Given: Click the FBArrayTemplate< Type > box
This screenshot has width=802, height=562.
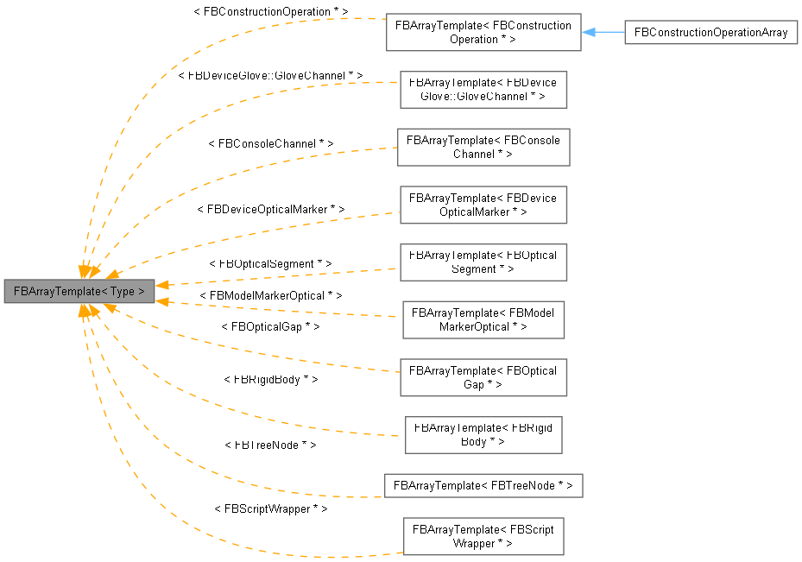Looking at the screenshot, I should (79, 291).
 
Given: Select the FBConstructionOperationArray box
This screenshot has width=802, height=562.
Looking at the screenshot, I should (710, 33).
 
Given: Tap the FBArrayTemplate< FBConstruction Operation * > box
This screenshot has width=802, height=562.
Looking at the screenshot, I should (483, 32).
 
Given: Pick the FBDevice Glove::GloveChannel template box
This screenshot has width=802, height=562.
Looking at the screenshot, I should (483, 90).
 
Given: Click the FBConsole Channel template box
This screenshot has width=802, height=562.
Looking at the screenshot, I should (483, 147).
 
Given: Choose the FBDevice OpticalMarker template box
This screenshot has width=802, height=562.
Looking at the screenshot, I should (483, 205).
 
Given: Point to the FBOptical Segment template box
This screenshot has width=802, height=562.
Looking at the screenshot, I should (483, 262).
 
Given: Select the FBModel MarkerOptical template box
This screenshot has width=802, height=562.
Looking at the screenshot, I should (483, 320).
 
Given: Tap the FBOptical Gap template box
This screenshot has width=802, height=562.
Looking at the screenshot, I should (483, 377).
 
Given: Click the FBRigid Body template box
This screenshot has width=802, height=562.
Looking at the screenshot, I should (483, 435).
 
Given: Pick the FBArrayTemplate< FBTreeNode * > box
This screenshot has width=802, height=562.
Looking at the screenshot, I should (483, 485).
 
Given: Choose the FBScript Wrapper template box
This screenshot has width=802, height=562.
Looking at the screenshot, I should (483, 536).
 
